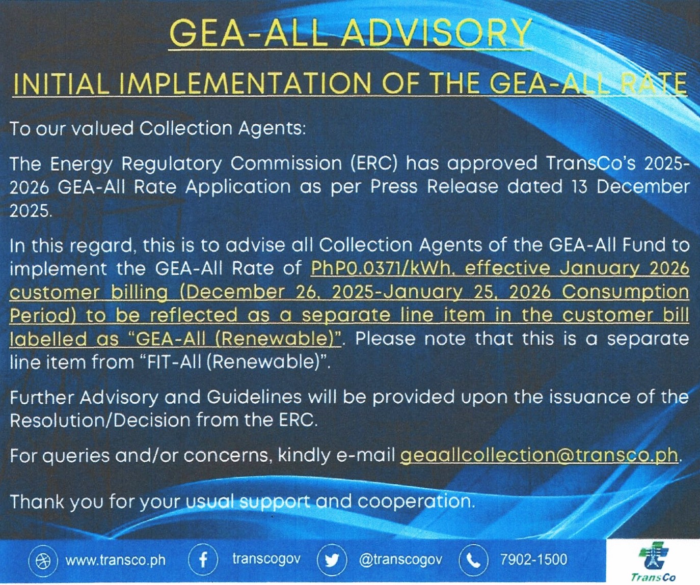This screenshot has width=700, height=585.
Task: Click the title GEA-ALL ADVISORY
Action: point(350,34)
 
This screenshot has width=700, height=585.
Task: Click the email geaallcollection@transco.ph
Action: point(539,455)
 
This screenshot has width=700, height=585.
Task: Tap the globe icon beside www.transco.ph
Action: point(43,561)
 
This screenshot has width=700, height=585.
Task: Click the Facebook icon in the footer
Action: point(203,560)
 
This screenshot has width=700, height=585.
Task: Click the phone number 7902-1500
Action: point(533,560)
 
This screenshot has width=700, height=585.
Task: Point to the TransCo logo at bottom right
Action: point(653,562)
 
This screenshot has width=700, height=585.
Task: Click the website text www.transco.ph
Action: point(116,560)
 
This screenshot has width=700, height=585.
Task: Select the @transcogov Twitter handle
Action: point(400,560)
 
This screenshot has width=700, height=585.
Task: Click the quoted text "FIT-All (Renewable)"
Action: point(234,362)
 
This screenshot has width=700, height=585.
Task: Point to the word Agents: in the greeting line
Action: point(272,128)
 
